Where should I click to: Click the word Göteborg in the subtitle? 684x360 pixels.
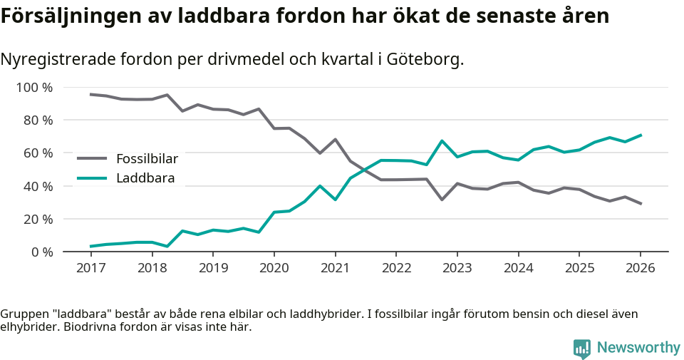(425, 59)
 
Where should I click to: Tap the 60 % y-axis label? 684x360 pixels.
(38, 153)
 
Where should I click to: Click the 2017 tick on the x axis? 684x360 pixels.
(90, 268)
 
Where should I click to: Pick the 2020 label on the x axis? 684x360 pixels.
(274, 268)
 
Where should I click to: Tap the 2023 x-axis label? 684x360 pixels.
(457, 268)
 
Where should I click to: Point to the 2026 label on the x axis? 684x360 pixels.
(640, 268)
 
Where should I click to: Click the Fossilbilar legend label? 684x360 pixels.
(147, 158)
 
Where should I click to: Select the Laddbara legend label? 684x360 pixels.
(145, 178)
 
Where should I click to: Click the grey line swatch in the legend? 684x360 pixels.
(92, 158)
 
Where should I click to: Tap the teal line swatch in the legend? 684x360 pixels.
(92, 178)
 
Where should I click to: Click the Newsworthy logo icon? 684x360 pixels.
(582, 348)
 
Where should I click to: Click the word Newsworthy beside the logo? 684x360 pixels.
(638, 348)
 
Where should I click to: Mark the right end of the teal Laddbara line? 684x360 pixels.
(641, 135)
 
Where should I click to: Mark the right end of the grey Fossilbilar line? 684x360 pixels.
(641, 204)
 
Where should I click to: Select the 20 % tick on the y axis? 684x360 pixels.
(38, 219)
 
